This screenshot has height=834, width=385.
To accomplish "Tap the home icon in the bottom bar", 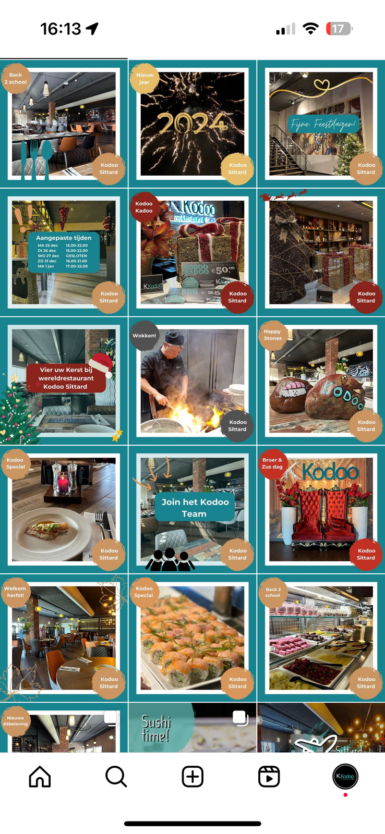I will pyautogui.click(x=40, y=777).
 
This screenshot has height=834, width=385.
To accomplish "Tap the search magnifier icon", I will pyautogui.click(x=116, y=777).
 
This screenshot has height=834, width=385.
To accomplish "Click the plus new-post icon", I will pyautogui.click(x=192, y=777).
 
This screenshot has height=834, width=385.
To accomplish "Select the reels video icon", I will pyautogui.click(x=269, y=777).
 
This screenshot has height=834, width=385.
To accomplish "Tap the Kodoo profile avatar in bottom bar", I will pyautogui.click(x=345, y=777).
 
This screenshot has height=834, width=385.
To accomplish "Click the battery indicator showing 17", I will pyautogui.click(x=339, y=29).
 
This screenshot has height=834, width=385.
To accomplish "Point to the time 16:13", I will pyautogui.click(x=61, y=29).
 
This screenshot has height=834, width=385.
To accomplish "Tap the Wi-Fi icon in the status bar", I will pyautogui.click(x=310, y=29).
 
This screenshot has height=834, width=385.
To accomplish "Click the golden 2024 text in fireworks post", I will pyautogui.click(x=192, y=124).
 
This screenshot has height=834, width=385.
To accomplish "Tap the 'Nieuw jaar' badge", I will pyautogui.click(x=145, y=79).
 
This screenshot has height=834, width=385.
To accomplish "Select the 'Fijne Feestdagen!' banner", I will pyautogui.click(x=323, y=124).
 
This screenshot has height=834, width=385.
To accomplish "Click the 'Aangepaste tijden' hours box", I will pyautogui.click(x=64, y=252).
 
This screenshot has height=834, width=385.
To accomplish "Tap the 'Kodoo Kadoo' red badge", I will pyautogui.click(x=144, y=207).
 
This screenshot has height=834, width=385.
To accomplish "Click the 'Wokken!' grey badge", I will pyautogui.click(x=145, y=336).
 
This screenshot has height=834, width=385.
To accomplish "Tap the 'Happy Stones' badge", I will pyautogui.click(x=273, y=335).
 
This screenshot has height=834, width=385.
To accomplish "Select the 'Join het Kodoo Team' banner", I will pyautogui.click(x=195, y=508).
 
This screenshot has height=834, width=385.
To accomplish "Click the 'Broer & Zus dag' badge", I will pyautogui.click(x=273, y=463).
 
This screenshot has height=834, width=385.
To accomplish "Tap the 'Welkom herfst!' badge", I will pyautogui.click(x=15, y=592).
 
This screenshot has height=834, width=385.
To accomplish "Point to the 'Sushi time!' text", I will pyautogui.click(x=155, y=728).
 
